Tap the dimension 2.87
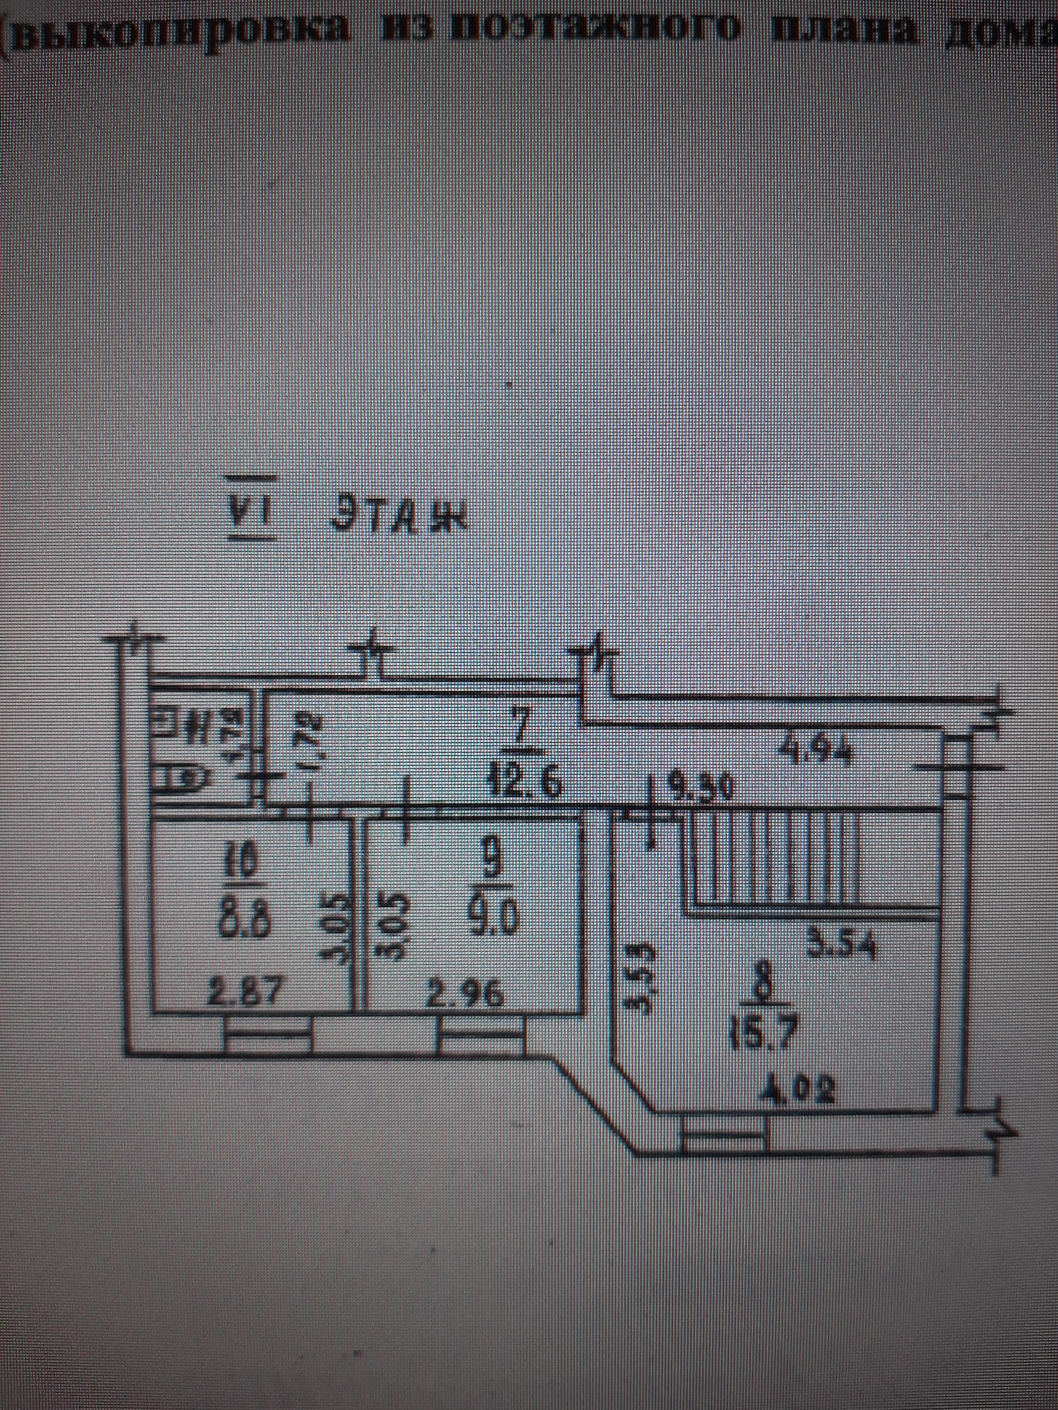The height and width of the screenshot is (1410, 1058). point(245,995)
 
